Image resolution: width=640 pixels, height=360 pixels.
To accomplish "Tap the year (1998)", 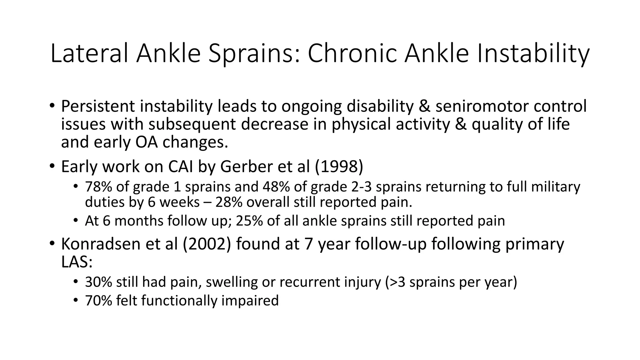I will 339,167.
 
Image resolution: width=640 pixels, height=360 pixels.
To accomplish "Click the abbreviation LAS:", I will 77,262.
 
